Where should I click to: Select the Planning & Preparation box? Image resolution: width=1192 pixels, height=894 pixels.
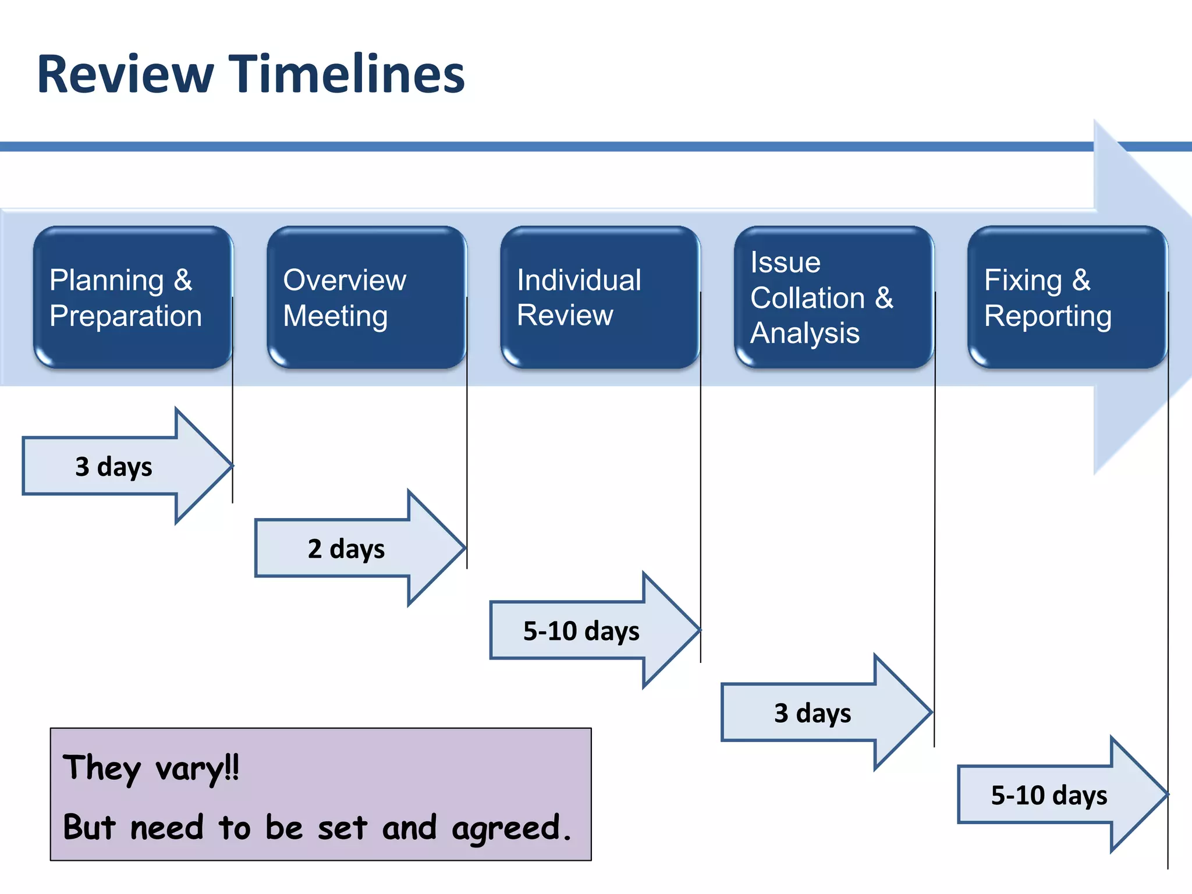[x=133, y=297]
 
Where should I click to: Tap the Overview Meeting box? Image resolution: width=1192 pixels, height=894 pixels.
[x=367, y=297]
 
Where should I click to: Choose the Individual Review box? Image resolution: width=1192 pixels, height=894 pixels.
[x=599, y=297]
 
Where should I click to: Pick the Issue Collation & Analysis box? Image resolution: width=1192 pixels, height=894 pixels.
[x=833, y=297]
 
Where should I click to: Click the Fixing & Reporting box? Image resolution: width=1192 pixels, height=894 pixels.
[x=1067, y=297]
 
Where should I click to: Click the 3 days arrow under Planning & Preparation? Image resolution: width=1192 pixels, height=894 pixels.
[x=114, y=466]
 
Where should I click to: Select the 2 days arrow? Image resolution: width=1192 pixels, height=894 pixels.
[x=346, y=548]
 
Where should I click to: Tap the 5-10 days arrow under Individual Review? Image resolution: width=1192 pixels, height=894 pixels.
[x=581, y=630]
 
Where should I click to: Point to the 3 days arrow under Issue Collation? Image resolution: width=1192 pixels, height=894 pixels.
[x=813, y=712]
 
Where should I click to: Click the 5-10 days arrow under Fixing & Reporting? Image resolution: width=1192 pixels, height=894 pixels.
[x=1049, y=794]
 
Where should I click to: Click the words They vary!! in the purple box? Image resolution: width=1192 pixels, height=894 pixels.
[x=151, y=768]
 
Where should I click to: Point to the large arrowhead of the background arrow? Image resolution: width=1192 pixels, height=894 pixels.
[x=1141, y=297]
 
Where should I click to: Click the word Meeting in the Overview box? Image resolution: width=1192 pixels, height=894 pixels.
[x=335, y=316]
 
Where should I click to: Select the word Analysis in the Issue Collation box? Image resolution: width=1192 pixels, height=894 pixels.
[x=804, y=334]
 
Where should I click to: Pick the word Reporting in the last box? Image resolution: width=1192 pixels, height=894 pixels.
[x=1048, y=316]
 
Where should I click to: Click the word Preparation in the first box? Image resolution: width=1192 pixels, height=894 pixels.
[x=126, y=316]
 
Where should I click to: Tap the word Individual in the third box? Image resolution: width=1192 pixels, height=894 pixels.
[x=579, y=280]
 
